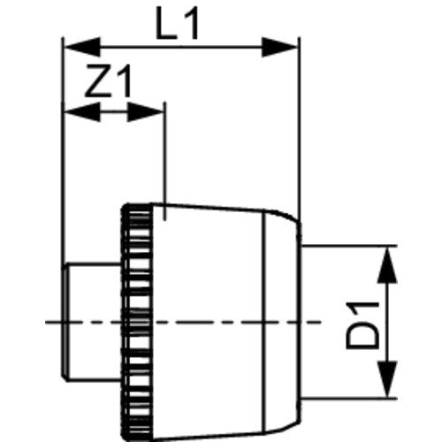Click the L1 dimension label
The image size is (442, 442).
tap(177, 23)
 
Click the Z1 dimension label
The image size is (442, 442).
tap(108, 80)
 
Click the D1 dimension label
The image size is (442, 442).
tap(362, 325)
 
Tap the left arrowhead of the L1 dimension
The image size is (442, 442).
tap(82, 47)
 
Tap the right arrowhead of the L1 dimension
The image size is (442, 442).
tap(279, 47)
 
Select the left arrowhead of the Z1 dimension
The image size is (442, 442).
tap(82, 112)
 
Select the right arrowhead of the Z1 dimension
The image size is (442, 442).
tap(145, 112)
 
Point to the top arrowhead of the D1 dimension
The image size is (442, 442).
tap(387, 265)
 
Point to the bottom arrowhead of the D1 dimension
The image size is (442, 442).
tap(387, 379)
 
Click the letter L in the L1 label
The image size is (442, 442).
tap(166, 23)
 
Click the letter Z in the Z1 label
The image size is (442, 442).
tap(97, 80)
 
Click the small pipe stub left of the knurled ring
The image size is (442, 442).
tap(92, 322)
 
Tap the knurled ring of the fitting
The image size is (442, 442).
tap(137, 320)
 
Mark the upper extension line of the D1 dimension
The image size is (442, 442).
tap(349, 245)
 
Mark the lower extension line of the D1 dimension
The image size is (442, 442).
tap(349, 399)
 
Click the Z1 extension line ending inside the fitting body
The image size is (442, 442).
tap(165, 161)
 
